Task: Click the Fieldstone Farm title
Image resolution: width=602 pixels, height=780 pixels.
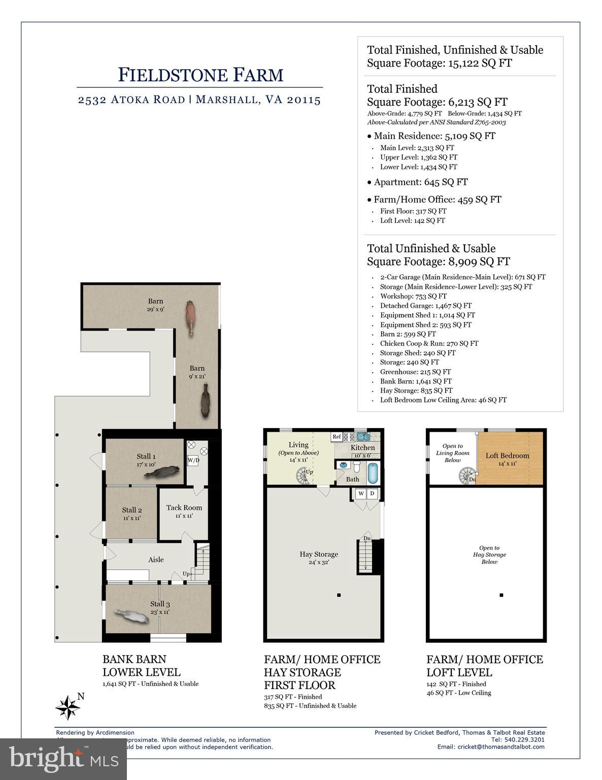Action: coord(200,75)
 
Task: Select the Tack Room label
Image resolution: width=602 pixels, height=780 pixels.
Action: coord(184,507)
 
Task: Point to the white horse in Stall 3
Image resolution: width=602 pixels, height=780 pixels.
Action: coord(129,615)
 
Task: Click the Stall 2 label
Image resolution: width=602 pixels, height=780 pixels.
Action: coord(131,510)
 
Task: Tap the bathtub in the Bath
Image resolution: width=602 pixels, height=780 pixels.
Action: coord(372,473)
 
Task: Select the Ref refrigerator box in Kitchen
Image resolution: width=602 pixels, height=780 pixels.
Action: coord(337,436)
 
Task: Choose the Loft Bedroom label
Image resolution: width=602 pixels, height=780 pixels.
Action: coord(507,456)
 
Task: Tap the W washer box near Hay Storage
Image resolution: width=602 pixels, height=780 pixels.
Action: coord(361,494)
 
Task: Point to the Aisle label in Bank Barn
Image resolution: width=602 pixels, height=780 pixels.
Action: coord(156,559)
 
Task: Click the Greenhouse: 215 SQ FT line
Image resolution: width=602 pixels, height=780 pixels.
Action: coord(415,372)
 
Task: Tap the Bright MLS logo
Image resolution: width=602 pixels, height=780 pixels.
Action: coord(63,759)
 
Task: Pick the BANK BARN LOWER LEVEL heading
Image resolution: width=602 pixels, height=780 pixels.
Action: coord(141,666)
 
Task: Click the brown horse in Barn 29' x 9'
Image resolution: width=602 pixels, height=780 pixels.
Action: coord(190,317)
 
